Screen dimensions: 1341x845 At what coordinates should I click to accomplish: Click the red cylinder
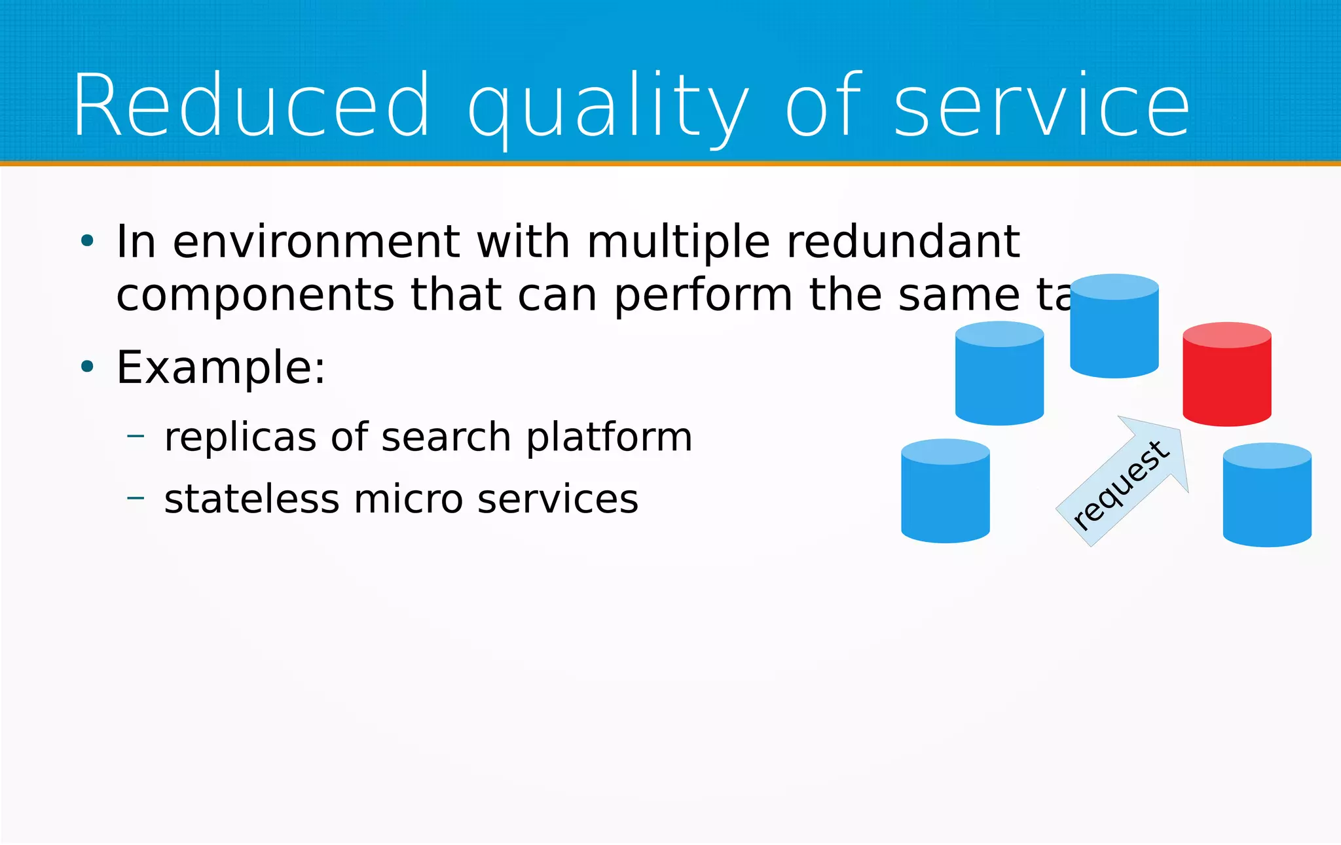(1226, 374)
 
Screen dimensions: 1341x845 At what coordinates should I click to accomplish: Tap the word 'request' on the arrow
(1120, 485)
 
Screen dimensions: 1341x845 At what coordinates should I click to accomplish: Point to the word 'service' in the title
(1042, 107)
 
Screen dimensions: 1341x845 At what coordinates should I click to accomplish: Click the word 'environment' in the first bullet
(316, 242)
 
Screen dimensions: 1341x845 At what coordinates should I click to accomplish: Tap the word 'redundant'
(903, 242)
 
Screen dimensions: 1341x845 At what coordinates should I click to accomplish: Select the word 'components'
(255, 296)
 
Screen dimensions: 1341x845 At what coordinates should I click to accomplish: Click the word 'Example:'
(221, 367)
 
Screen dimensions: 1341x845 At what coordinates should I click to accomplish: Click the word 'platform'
(609, 438)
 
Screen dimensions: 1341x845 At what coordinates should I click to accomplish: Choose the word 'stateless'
(251, 499)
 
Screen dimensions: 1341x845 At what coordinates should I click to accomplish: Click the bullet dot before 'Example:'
(87, 367)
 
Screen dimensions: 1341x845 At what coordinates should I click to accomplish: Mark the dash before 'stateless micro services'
(136, 498)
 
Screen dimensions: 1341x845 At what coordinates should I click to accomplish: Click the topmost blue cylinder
(1114, 326)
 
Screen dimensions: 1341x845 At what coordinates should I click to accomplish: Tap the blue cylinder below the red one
(1266, 495)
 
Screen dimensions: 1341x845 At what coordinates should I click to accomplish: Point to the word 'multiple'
(678, 243)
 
